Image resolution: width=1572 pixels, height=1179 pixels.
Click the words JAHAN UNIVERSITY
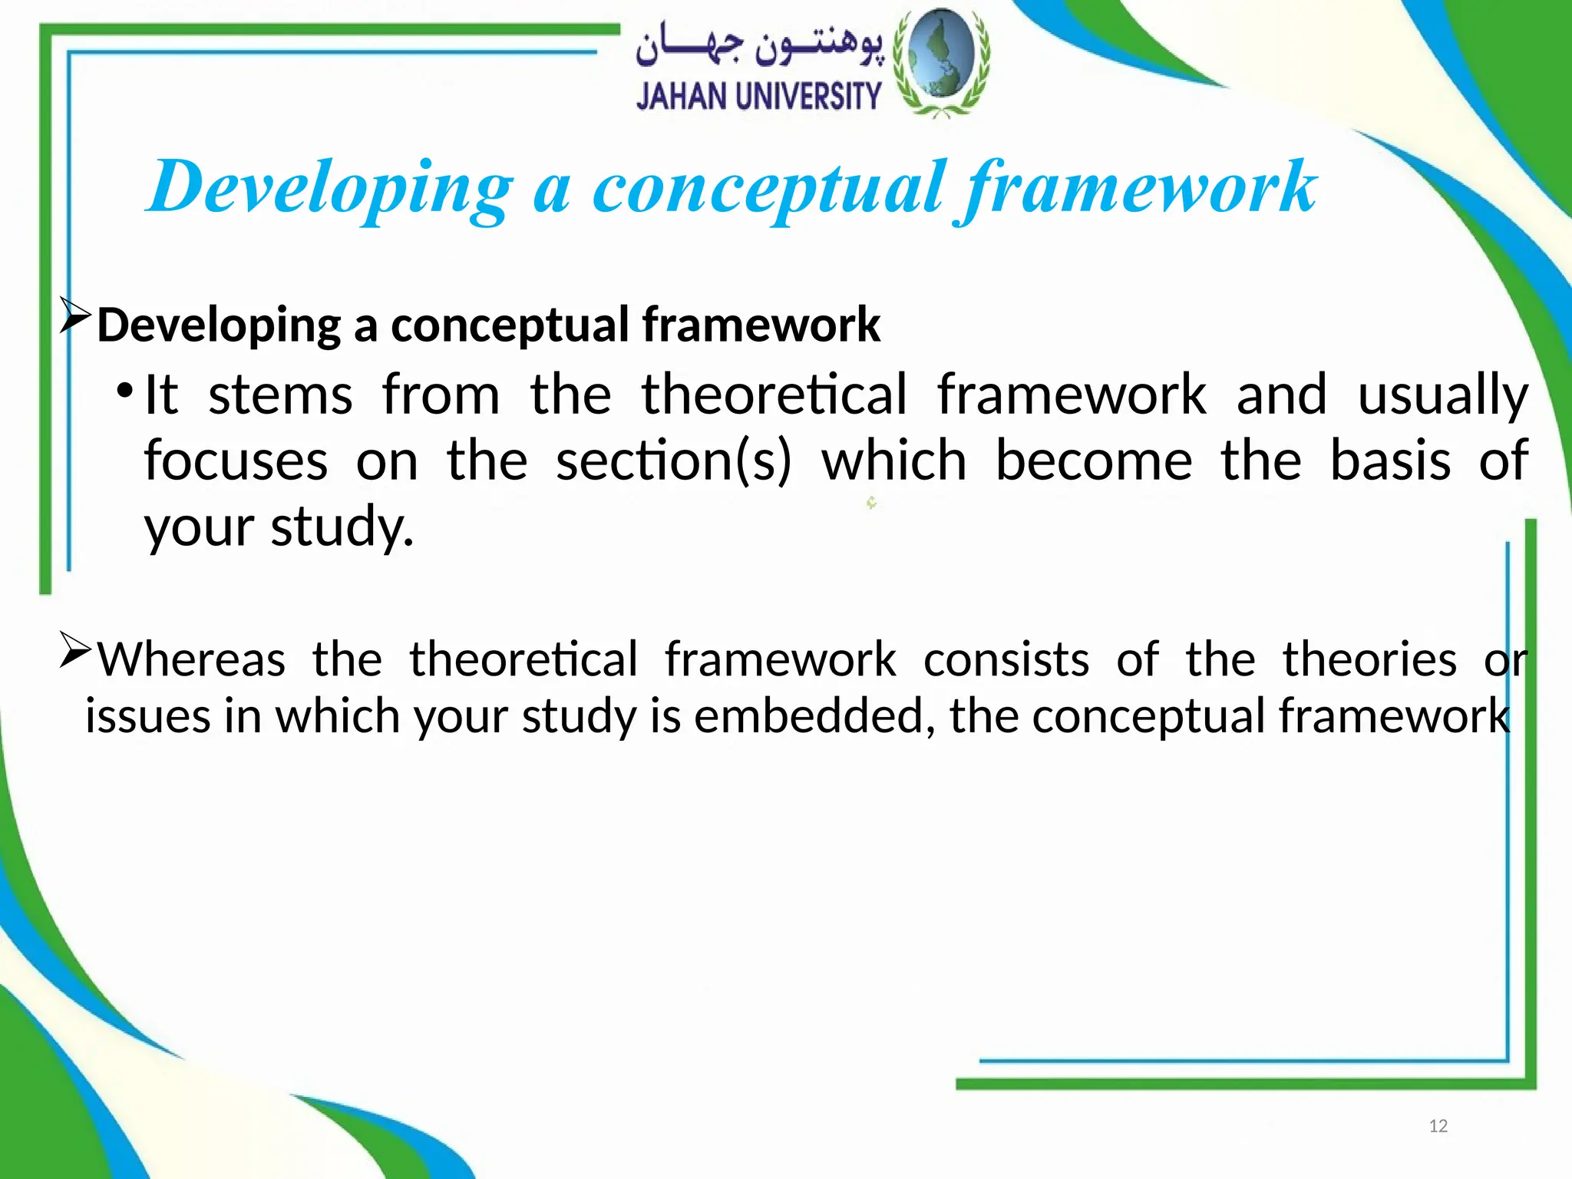click(758, 97)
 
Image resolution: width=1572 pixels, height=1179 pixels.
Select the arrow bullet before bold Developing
click(75, 317)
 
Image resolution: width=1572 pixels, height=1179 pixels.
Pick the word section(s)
click(673, 461)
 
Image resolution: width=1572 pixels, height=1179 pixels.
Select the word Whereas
click(192, 659)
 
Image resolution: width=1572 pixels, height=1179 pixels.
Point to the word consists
click(1006, 659)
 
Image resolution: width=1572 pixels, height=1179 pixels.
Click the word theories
click(1369, 659)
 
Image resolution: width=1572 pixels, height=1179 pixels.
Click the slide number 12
click(1438, 1126)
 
